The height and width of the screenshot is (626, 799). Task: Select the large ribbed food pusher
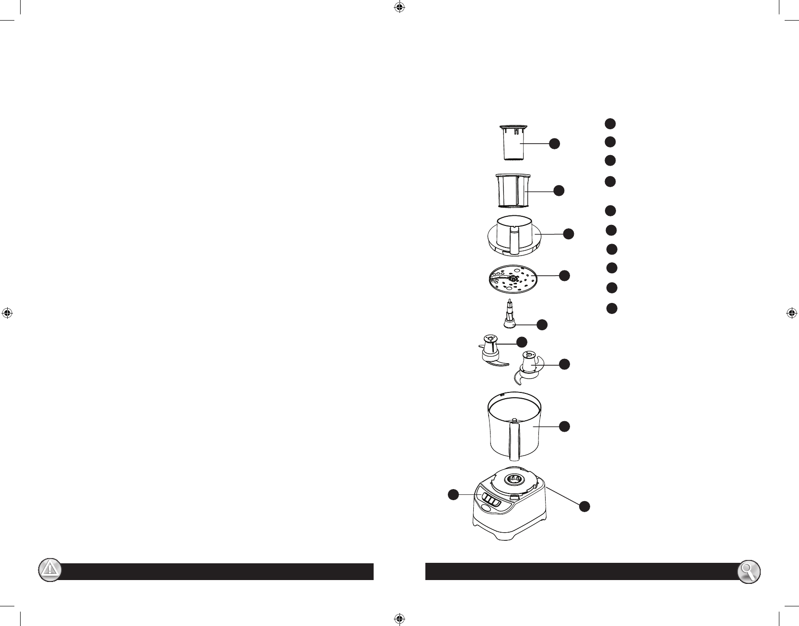(x=512, y=191)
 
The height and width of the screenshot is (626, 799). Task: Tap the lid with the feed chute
(x=513, y=235)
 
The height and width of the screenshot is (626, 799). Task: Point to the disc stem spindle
(x=510, y=314)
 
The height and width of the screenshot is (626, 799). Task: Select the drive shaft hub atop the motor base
(x=513, y=479)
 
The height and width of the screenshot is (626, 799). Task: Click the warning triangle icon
(x=49, y=570)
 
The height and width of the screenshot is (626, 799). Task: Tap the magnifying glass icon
(x=749, y=571)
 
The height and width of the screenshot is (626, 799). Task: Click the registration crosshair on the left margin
(x=7, y=313)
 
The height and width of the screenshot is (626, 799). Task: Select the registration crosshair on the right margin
(x=791, y=313)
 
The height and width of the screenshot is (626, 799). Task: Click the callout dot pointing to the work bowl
(x=565, y=426)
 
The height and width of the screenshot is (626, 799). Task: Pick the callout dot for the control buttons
(x=453, y=495)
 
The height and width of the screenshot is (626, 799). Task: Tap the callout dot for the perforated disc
(x=565, y=275)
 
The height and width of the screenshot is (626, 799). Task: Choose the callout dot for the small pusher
(x=555, y=143)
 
